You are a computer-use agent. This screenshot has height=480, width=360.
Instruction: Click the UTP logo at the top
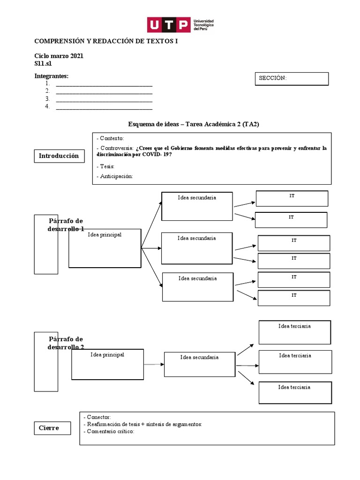click(x=180, y=25)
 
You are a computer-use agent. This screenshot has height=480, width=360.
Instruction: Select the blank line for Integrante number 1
click(x=104, y=86)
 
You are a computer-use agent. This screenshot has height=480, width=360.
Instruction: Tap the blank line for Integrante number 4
click(x=104, y=109)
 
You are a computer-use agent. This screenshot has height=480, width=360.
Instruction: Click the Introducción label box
click(x=60, y=156)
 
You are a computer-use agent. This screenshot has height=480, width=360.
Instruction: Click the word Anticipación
click(x=116, y=176)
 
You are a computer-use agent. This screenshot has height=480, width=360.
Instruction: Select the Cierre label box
click(x=52, y=428)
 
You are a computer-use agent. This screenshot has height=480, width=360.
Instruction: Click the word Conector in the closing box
click(x=98, y=417)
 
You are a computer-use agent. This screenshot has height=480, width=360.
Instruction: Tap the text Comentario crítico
click(x=110, y=431)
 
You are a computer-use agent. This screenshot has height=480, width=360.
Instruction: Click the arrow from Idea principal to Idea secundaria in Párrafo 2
click(x=154, y=364)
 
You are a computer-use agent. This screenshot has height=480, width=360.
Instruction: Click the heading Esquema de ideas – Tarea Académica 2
click(x=194, y=124)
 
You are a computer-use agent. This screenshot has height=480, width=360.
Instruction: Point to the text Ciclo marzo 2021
click(x=59, y=56)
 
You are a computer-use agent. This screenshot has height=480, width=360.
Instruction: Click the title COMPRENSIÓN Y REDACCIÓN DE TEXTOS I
click(x=106, y=41)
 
